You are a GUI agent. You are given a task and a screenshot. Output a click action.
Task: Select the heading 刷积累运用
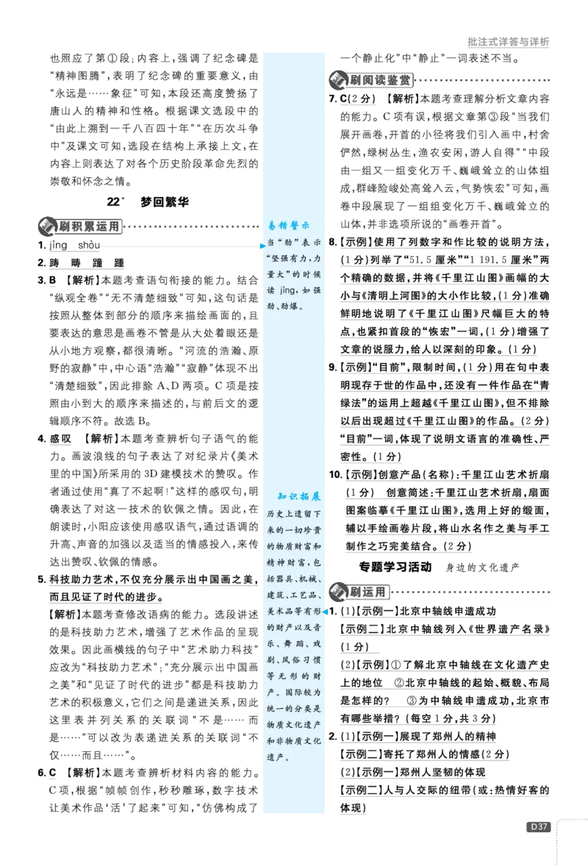(x=90, y=226)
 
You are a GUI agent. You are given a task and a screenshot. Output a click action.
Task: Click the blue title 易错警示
(x=288, y=225)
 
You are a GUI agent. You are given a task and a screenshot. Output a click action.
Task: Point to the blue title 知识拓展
(x=298, y=496)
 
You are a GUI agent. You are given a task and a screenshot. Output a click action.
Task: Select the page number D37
(x=538, y=827)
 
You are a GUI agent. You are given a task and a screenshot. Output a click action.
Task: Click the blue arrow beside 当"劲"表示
(x=262, y=245)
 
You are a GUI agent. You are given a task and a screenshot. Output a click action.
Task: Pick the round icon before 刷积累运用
(x=47, y=226)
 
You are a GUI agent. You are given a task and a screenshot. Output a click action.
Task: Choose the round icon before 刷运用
(x=339, y=592)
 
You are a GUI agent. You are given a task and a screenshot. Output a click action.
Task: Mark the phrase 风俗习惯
(x=304, y=660)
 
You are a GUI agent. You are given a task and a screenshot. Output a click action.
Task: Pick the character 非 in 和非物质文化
(x=277, y=741)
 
